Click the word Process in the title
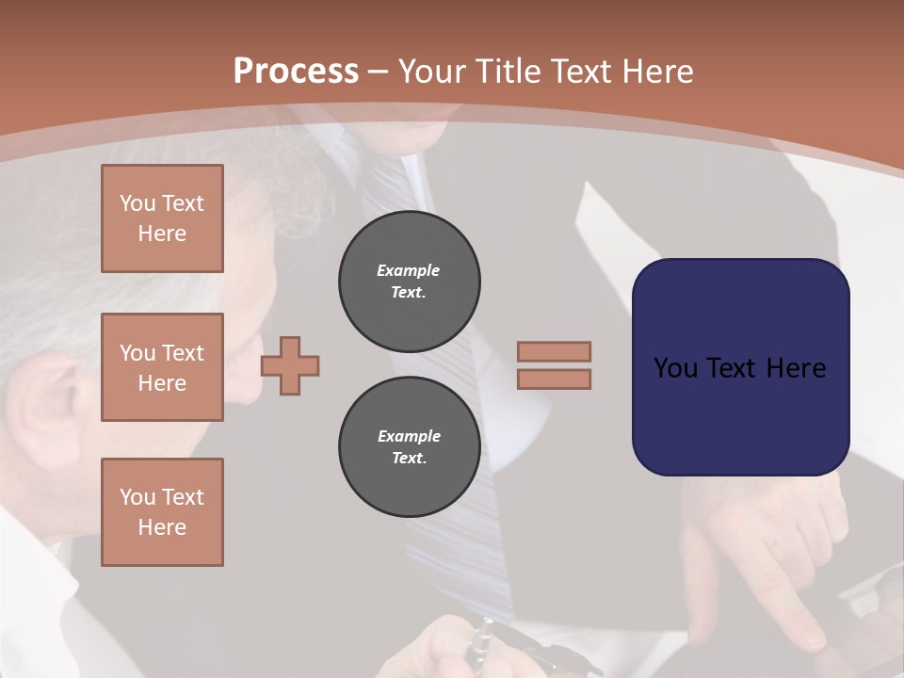click(x=296, y=71)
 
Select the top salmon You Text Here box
click(x=162, y=218)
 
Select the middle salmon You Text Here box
click(x=162, y=367)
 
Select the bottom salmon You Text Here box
click(x=162, y=512)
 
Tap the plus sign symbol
click(x=290, y=365)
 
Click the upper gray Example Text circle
click(x=409, y=282)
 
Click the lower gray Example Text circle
click(x=409, y=447)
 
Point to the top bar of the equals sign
click(x=554, y=351)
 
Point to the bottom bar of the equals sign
click(x=554, y=379)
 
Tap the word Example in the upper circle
click(x=409, y=270)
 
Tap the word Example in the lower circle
click(x=409, y=436)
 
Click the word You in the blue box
click(x=674, y=368)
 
